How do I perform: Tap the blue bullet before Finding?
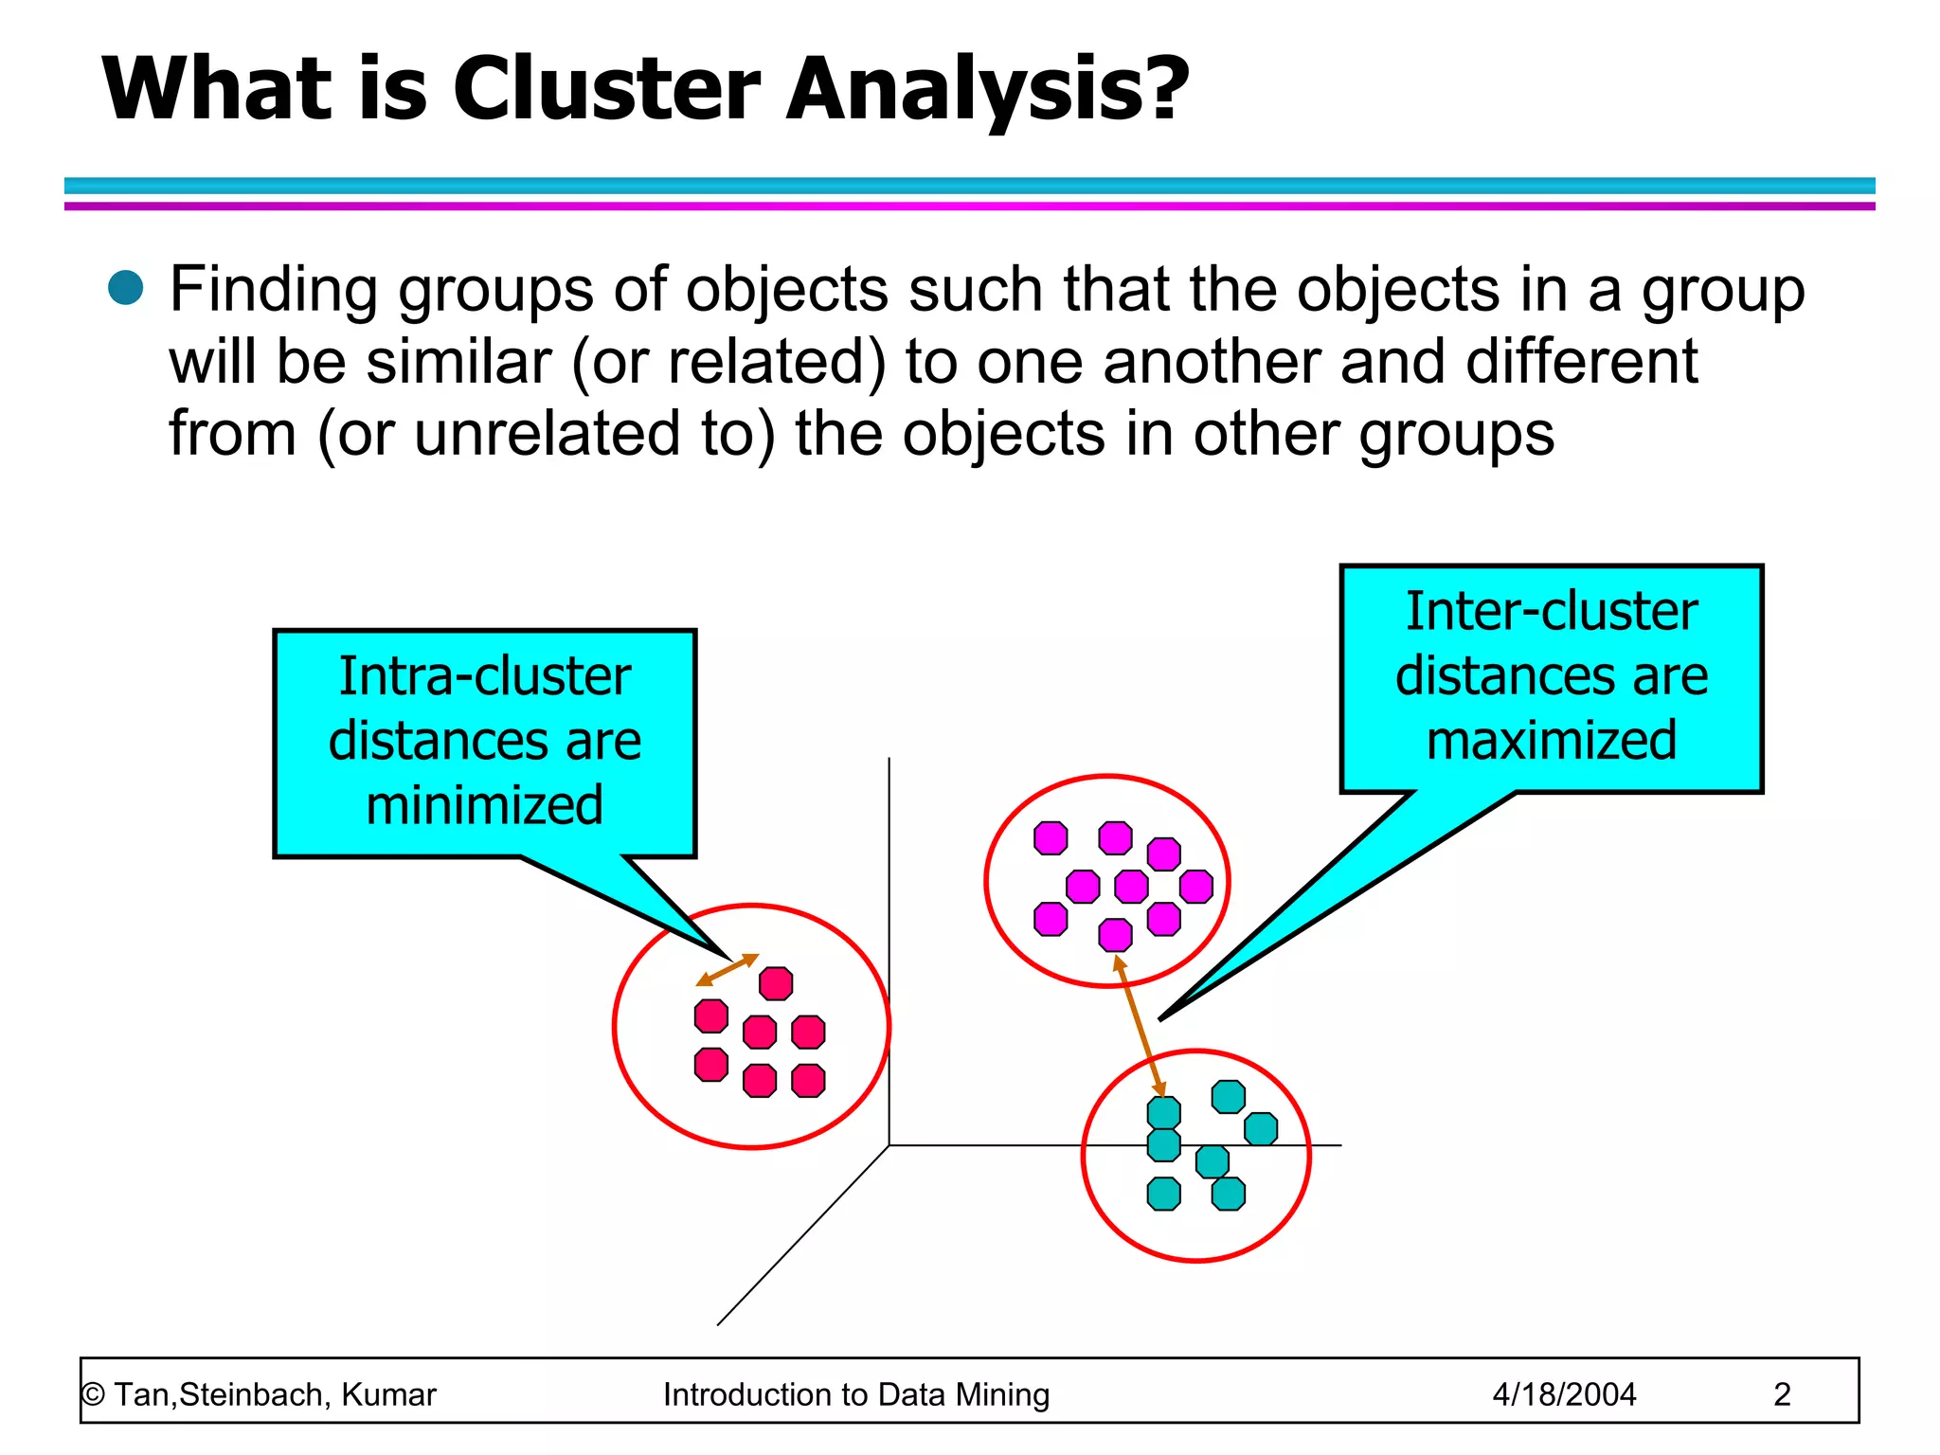(125, 287)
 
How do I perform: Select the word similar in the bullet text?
(458, 362)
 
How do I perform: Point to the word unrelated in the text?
(548, 434)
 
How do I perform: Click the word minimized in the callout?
(484, 805)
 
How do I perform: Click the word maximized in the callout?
(1552, 740)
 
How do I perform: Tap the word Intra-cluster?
(484, 676)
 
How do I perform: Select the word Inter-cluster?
(1552, 611)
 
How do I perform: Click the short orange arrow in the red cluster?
(727, 969)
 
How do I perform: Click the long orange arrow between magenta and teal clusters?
(1139, 1025)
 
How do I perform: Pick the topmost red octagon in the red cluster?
(776, 983)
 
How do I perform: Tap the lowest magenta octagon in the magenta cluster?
(1115, 935)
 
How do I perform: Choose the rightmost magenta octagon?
(1196, 887)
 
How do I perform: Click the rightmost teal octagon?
(1261, 1129)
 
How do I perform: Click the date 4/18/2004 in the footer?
(1564, 1394)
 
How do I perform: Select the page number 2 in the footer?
(1782, 1394)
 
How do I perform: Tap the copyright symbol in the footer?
(93, 1394)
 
